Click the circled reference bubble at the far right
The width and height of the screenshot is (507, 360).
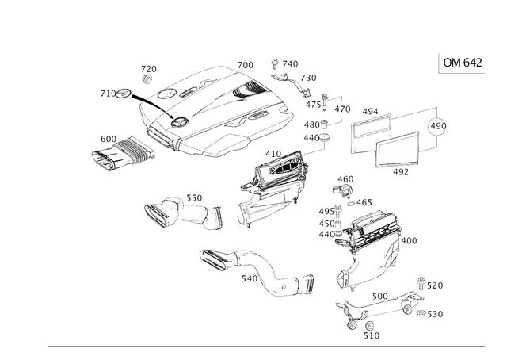[x=436, y=127]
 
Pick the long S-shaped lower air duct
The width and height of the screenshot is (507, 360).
[x=253, y=270]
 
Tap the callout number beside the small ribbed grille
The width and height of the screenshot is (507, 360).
[x=101, y=136]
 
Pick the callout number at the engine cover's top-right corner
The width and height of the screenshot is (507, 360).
[x=246, y=63]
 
